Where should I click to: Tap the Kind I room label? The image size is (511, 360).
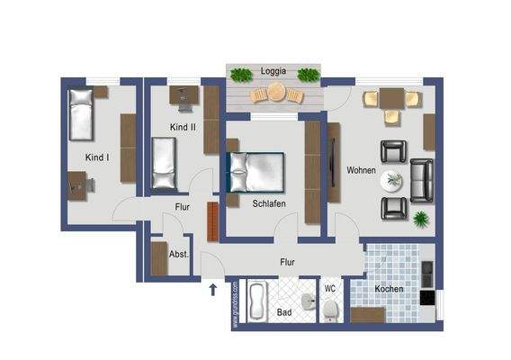click(x=97, y=157)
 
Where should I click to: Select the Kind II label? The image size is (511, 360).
click(x=183, y=128)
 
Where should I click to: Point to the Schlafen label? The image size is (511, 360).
click(x=269, y=203)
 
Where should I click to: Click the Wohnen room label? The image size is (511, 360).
click(x=361, y=169)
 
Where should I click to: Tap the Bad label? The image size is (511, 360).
click(x=284, y=312)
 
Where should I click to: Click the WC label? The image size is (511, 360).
click(x=329, y=288)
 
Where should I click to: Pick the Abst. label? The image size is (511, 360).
click(x=179, y=255)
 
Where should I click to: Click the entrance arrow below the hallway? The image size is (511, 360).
click(x=213, y=290)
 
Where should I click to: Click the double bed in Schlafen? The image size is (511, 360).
click(x=255, y=171)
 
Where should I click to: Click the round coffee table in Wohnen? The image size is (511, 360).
click(x=392, y=180)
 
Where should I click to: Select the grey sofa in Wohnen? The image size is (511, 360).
click(x=421, y=180)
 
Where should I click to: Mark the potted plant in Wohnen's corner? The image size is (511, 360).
click(x=420, y=219)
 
